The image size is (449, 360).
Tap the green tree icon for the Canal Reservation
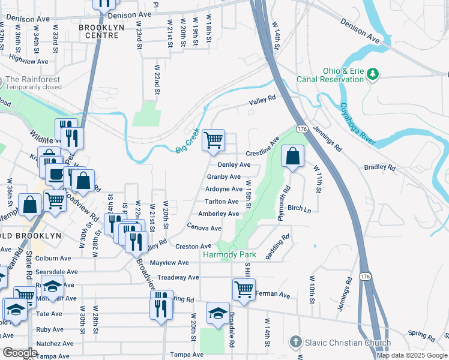coord(373,74)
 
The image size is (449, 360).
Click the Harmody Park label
coord(229,255)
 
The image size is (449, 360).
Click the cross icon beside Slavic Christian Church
coord(295,343)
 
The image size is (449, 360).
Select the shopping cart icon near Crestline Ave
coord(214,140)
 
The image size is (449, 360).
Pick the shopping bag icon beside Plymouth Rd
coord(292,157)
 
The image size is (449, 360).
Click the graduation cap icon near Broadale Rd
coord(218,313)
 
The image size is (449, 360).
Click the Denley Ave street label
coord(234,164)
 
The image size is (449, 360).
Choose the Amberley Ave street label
coord(218,214)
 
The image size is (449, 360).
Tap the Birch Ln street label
coord(299,208)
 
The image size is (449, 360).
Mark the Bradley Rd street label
coord(379,167)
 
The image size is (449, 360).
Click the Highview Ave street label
coord(29,61)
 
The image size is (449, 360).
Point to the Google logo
coord(20,353)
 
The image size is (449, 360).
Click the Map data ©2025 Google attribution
coord(412,355)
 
